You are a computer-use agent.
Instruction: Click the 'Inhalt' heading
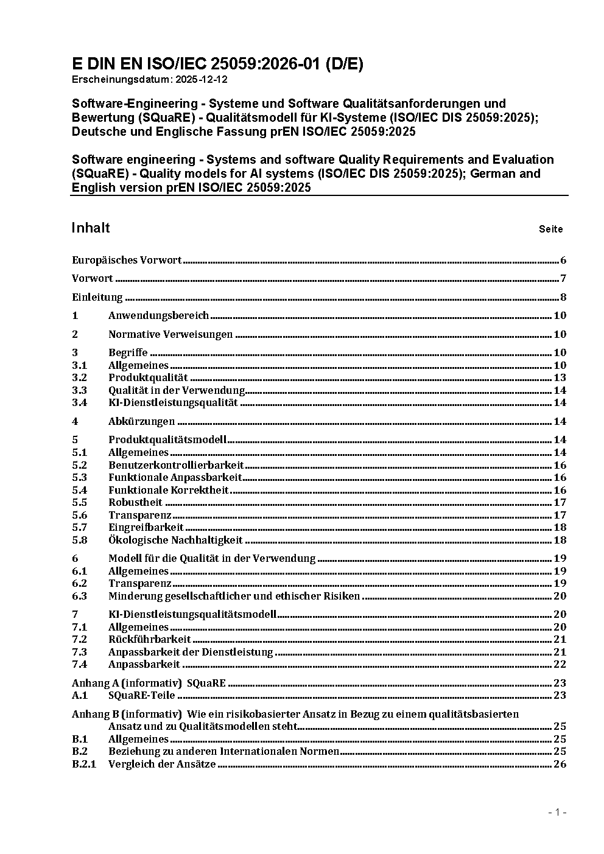pos(91,228)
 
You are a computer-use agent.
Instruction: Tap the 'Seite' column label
pos(550,229)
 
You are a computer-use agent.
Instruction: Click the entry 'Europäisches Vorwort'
pos(127,261)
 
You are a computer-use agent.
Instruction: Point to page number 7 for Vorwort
pos(563,279)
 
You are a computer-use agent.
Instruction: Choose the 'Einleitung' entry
pos(97,298)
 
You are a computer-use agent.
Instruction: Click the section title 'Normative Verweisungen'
pos(170,334)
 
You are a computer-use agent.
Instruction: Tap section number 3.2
pos(79,378)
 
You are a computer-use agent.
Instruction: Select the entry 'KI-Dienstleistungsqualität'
pos(173,402)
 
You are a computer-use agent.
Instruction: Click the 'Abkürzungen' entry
pos(141,421)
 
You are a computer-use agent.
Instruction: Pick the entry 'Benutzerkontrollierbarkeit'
pos(176,465)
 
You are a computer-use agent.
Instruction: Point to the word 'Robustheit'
pos(135,502)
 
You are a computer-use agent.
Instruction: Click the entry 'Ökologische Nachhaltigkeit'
pos(175,540)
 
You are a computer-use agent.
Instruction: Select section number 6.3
pos(79,596)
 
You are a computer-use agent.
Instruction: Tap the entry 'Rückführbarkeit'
pos(149,639)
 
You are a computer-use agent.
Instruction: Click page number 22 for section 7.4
pos(560,664)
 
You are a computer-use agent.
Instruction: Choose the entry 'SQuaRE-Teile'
pos(141,695)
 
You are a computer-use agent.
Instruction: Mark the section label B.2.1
pos(84,764)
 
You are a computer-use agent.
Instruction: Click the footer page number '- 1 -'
pos(557,812)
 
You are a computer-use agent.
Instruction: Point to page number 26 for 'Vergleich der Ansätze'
pos(560,764)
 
